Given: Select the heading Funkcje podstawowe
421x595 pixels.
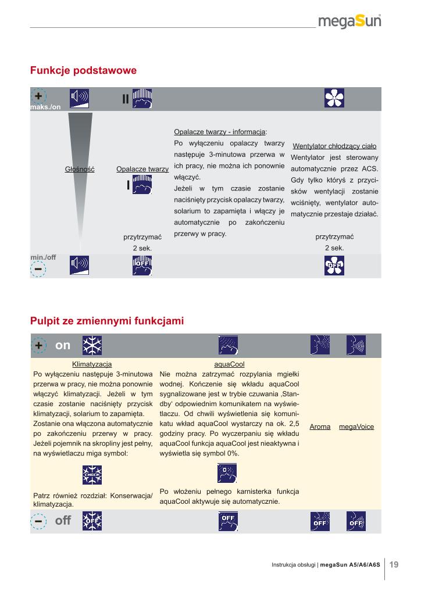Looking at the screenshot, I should [x=83, y=70].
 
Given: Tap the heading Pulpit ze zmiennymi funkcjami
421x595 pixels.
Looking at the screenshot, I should [x=107, y=320].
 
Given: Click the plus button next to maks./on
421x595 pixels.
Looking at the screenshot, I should [x=38, y=97].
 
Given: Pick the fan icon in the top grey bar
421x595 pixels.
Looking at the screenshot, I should [x=334, y=98].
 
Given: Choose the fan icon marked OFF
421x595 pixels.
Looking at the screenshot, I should [x=334, y=266].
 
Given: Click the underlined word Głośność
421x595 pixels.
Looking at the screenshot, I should [x=80, y=169].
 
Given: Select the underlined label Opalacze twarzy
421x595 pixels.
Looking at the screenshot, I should [x=142, y=169].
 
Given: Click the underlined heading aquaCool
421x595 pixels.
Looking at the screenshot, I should [x=229, y=364].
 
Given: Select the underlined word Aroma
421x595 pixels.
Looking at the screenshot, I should [x=320, y=426].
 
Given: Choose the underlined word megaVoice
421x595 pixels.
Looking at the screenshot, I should [x=356, y=426].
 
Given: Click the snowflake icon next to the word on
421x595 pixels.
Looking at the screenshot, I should [x=92, y=345].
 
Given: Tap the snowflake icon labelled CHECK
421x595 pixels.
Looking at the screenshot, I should [x=92, y=474].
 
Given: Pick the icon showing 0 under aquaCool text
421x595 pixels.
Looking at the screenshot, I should [x=227, y=474].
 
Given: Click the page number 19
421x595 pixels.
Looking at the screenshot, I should [x=394, y=564].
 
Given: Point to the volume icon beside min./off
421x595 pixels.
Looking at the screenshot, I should [x=80, y=265].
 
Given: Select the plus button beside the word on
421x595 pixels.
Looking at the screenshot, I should [x=38, y=345].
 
